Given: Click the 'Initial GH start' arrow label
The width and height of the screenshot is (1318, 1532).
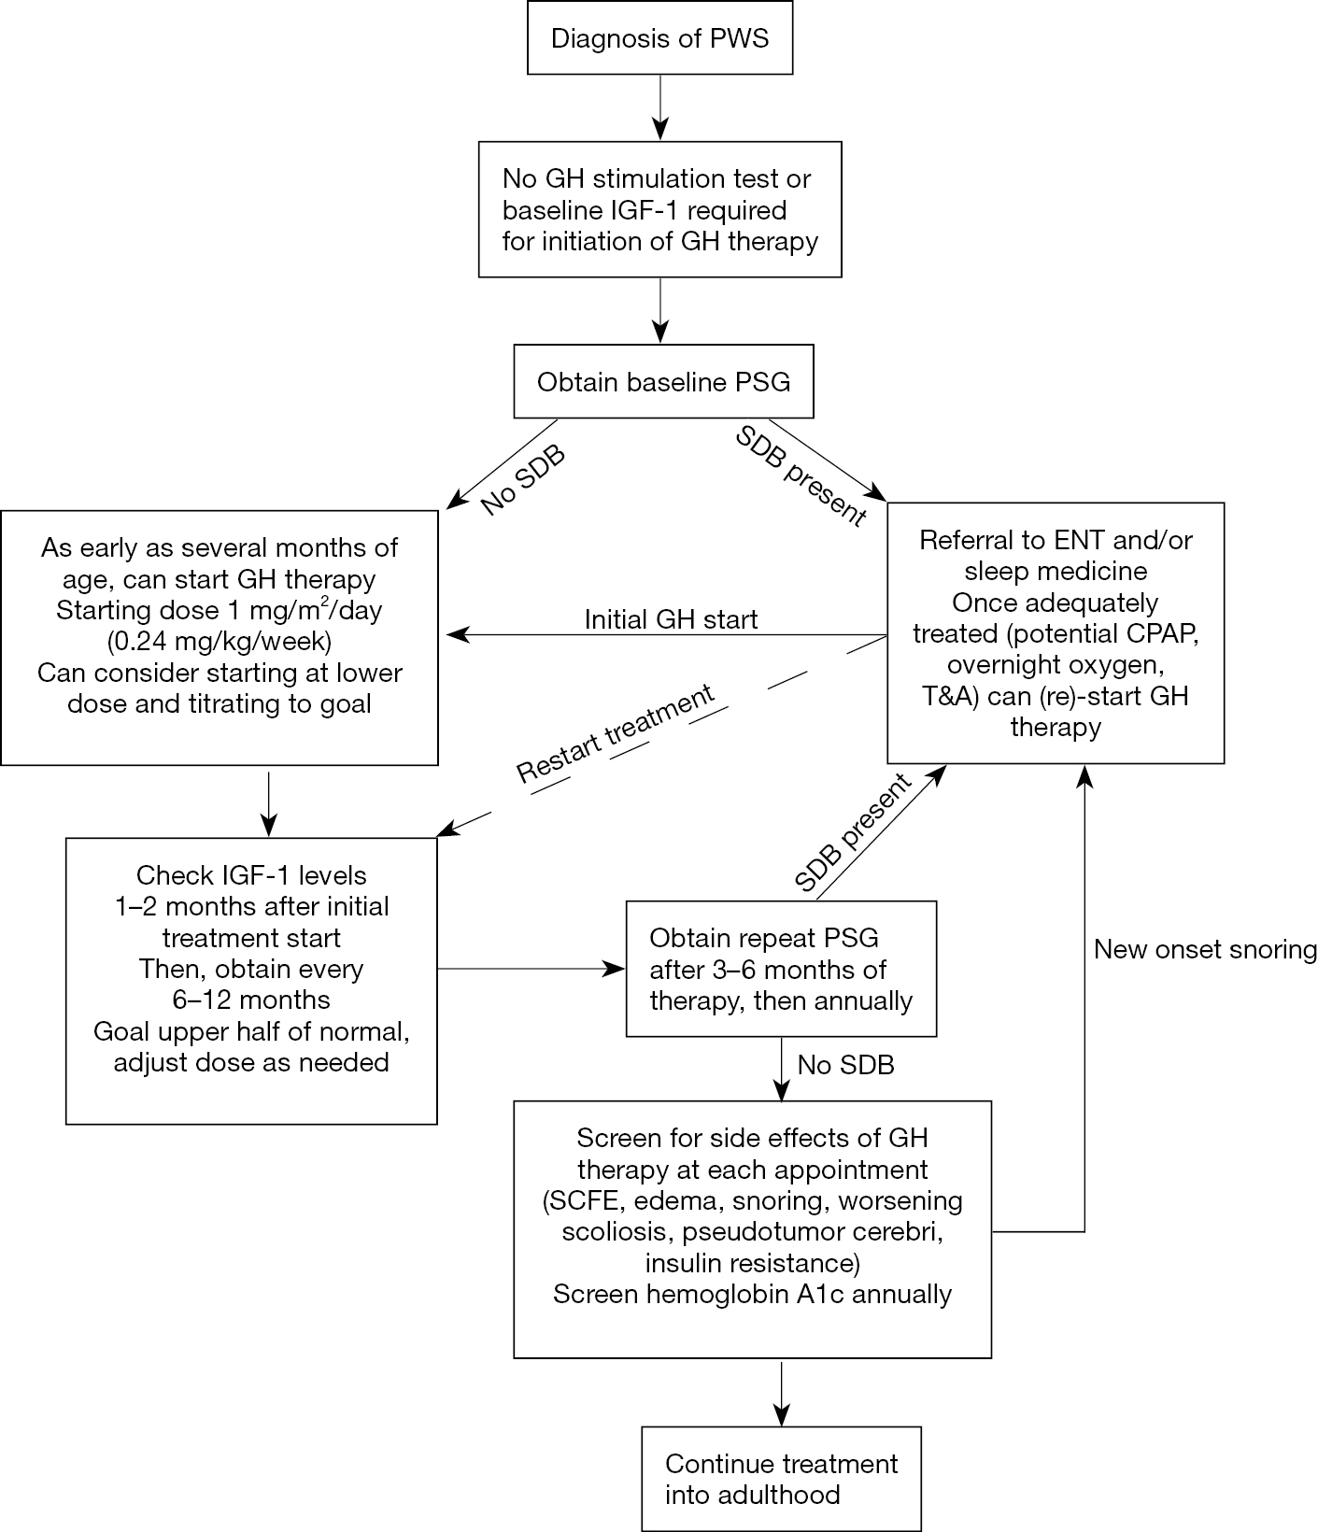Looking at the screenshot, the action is coord(671,619).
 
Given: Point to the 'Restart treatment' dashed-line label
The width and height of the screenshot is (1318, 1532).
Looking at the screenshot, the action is coord(616,733).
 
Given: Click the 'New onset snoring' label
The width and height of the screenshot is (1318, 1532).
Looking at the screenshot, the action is coord(1205,950).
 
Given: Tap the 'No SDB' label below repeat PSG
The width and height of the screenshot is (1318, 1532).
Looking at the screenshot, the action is coord(845,1065).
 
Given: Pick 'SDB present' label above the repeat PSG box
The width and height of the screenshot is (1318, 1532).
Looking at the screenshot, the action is coord(852,832).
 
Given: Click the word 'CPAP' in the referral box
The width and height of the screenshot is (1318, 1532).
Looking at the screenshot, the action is coord(1163,634).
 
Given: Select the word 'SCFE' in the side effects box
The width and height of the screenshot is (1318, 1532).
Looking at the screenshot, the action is coord(579,1201).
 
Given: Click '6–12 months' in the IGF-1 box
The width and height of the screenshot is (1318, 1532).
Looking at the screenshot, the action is coord(251,1000).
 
